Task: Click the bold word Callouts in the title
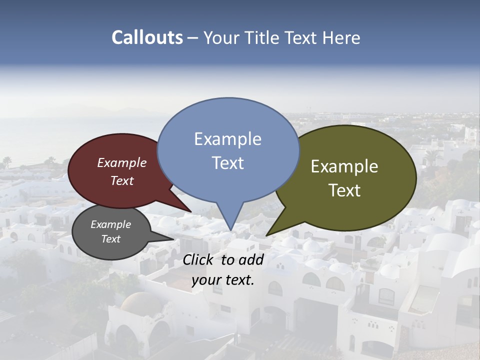click(x=147, y=37)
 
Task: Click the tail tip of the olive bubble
click(x=267, y=235)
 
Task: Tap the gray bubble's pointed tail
click(x=172, y=238)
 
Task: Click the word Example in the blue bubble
click(x=227, y=139)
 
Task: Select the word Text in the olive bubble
click(x=344, y=190)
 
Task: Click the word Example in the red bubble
click(x=121, y=162)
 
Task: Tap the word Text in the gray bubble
click(x=110, y=239)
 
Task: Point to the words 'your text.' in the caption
click(x=223, y=280)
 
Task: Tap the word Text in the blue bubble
click(x=227, y=163)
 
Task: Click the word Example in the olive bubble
click(x=344, y=166)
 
